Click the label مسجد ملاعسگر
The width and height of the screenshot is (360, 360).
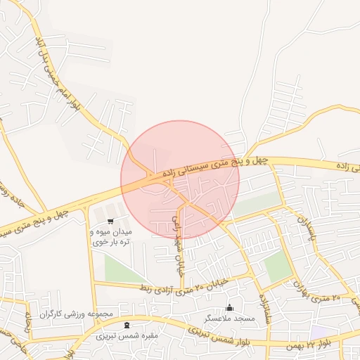coord(229,319)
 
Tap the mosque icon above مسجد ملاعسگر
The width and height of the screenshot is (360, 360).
coord(229,307)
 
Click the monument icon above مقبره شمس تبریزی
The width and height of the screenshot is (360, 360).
coord(126,325)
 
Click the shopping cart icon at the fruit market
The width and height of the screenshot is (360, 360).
coord(110,222)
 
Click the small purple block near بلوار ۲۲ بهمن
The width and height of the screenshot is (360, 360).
coord(320,330)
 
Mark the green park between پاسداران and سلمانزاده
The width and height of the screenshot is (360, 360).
coord(278,266)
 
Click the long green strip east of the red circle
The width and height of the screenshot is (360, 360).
coord(256,205)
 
